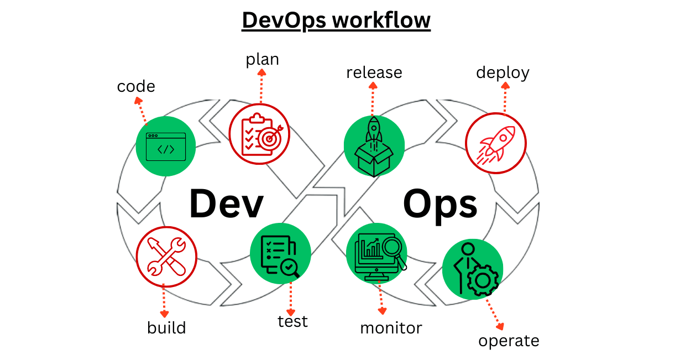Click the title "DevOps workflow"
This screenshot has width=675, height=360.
point(336,20)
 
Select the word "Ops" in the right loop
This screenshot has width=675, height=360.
point(439,204)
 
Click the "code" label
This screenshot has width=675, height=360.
point(136,86)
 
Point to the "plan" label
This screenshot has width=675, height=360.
point(262,59)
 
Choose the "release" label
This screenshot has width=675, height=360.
point(374,72)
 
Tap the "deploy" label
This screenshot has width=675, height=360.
point(503,72)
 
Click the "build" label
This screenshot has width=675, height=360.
point(166,327)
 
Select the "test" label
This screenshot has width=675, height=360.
point(292,321)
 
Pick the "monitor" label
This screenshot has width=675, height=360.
point(391,327)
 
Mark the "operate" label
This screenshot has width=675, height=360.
point(509,340)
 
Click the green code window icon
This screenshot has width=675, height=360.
point(166,147)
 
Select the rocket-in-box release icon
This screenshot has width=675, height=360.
point(374,147)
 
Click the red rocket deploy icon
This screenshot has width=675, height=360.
point(496,143)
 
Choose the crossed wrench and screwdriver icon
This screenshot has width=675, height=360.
point(166,257)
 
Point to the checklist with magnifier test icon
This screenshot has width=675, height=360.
point(280,254)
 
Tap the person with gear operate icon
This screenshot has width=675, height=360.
point(473,269)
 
